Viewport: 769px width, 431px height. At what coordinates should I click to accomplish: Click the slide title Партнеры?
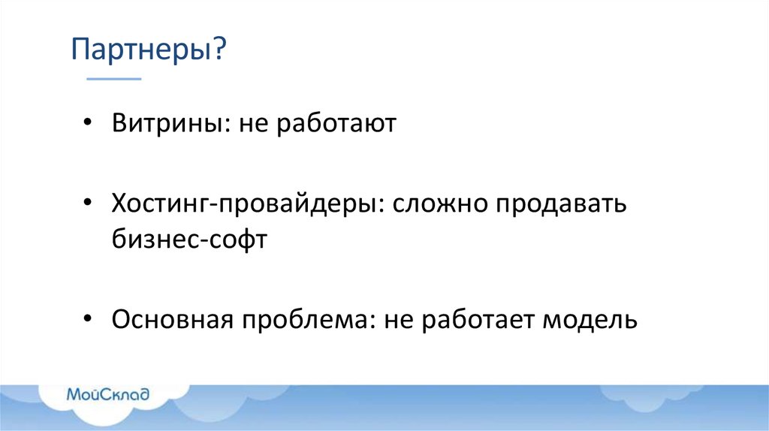coord(149,51)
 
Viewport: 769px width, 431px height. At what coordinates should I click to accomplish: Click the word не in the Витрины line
coord(254,123)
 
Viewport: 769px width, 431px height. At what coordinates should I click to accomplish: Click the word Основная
coord(171,321)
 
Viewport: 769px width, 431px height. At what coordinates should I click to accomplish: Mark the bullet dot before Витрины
coord(89,122)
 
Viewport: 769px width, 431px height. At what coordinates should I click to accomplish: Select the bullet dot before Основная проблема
coord(89,319)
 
